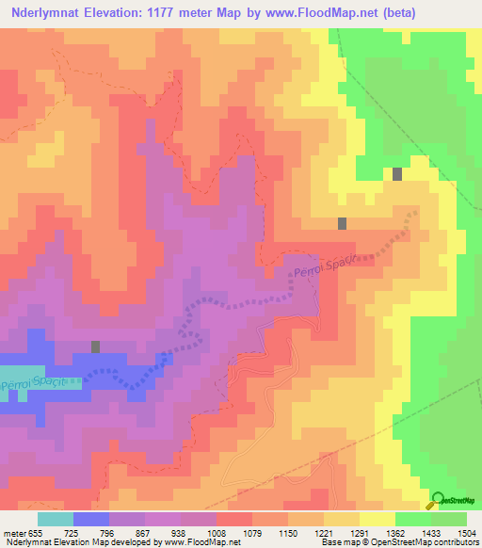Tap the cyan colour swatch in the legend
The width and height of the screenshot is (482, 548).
click(x=55, y=519)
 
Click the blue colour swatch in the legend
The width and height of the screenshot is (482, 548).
click(x=91, y=519)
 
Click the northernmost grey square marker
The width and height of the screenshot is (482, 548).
click(x=397, y=173)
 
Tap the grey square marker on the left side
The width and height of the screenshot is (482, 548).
click(x=95, y=347)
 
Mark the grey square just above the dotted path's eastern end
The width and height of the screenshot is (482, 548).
click(x=342, y=223)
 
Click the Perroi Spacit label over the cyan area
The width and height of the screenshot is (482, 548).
click(x=32, y=385)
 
